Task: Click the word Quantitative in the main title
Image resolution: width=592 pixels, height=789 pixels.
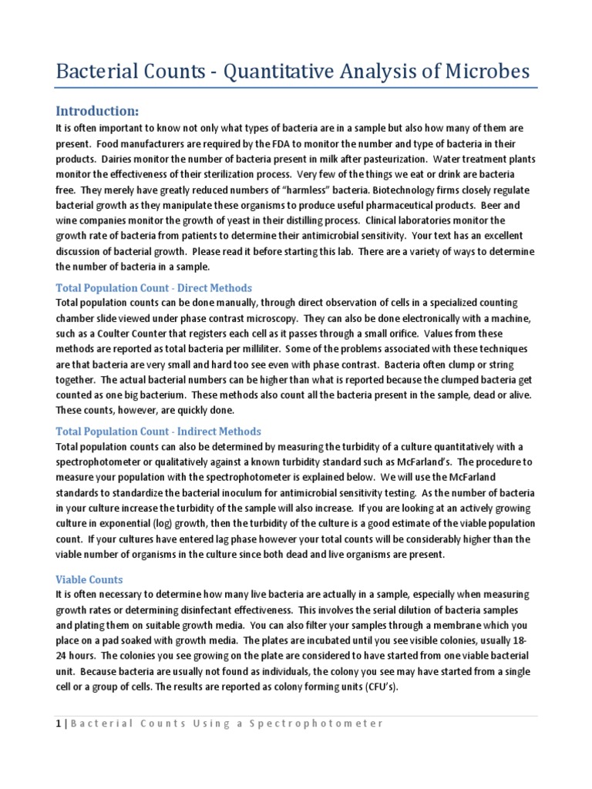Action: pos(268,72)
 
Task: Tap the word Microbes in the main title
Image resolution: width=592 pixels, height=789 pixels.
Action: pos(483,72)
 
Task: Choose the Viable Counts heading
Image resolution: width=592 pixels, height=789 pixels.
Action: pos(89,579)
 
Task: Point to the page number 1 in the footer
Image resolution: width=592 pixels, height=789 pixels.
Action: pos(58,724)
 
